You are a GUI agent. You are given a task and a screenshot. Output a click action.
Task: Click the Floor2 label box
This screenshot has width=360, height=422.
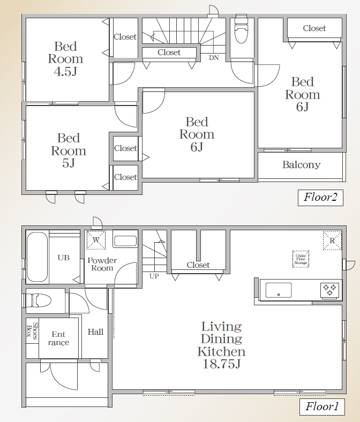320,198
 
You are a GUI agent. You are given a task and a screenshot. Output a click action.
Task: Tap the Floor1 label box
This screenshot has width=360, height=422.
322,406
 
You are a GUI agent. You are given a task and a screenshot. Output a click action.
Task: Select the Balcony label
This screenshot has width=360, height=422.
301,164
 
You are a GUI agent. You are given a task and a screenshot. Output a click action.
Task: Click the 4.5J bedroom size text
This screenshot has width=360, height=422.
65,71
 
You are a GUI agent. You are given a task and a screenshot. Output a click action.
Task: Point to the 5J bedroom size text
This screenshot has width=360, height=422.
69,163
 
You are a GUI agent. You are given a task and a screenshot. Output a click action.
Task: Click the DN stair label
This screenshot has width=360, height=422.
214,58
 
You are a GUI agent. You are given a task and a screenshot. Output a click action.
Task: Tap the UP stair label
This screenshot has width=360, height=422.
154,276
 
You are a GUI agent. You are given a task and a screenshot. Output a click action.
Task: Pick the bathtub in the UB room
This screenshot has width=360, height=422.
37,257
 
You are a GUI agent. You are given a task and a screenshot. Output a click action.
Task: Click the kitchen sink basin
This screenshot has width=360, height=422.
279,290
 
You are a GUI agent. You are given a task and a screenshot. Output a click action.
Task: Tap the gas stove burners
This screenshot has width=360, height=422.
329,290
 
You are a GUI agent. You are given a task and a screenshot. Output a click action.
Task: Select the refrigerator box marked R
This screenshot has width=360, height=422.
332,240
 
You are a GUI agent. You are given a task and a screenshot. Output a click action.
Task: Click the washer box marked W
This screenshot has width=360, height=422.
96,240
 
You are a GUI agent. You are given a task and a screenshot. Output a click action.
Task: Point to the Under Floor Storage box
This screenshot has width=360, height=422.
301,259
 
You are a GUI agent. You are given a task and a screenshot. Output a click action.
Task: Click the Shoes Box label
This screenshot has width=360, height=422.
32,331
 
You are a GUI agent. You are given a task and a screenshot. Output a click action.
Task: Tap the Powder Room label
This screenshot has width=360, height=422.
102,264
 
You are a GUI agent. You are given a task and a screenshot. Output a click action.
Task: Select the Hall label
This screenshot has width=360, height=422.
95,331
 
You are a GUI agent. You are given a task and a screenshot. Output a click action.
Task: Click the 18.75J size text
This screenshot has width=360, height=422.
221,364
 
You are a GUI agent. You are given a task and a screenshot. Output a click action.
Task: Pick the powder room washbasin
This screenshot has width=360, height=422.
125,241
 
